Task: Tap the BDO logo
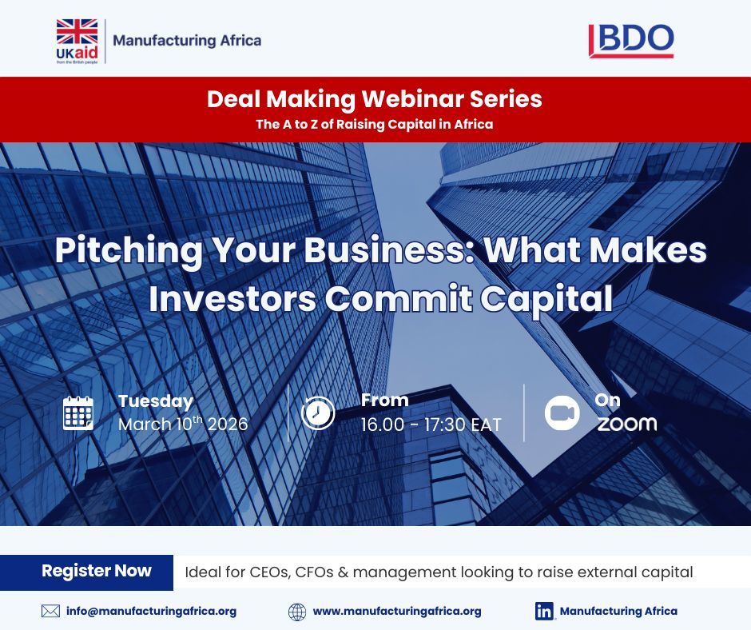tap(631, 40)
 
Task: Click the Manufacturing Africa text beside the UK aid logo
tap(187, 40)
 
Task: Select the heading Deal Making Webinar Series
tap(374, 99)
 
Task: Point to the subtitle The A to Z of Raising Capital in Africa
tap(374, 124)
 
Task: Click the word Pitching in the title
tap(117, 251)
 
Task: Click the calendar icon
tap(78, 413)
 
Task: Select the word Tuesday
tap(156, 401)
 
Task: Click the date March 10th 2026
tap(183, 424)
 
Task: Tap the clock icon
tap(318, 413)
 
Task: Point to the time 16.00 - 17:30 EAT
tap(431, 425)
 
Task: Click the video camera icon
tap(562, 413)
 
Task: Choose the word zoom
tap(627, 424)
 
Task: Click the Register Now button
tap(96, 571)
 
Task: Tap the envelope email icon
tap(50, 611)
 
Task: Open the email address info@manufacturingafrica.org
tap(151, 611)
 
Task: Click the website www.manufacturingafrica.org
tap(396, 611)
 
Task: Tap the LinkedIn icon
tap(545, 611)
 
